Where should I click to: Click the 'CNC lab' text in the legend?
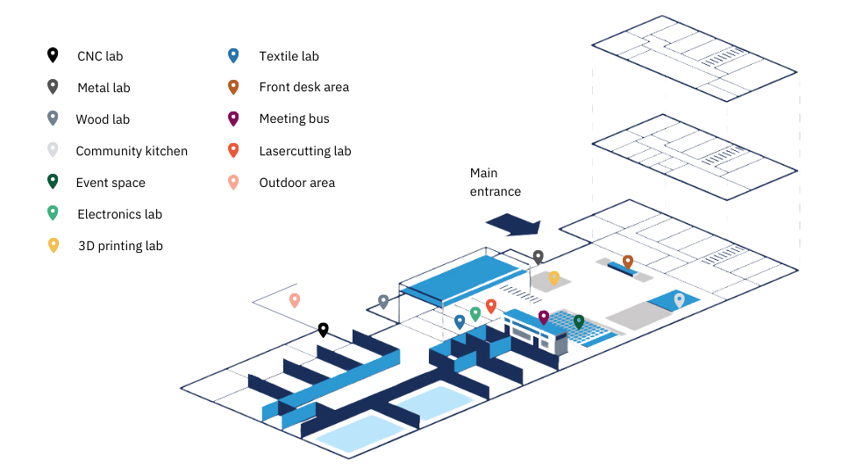100,56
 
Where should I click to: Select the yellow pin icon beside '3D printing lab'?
54,245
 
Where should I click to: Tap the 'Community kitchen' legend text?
132,151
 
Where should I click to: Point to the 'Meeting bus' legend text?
294,118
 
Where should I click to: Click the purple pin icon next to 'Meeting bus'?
233,118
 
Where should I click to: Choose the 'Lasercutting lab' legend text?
305,151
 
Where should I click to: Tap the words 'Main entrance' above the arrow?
495,183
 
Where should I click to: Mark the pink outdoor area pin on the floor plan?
295,300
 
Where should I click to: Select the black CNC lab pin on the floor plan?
323,329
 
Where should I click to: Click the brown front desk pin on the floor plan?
628,262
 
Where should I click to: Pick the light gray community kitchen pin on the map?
679,300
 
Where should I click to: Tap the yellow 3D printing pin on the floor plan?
553,277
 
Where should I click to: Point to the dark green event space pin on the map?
579,321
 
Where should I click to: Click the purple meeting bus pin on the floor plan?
543,317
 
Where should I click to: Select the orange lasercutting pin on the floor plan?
491,305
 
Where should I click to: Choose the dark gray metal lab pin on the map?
539,256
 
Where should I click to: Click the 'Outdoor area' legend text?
296,183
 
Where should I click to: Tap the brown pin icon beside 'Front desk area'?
233,87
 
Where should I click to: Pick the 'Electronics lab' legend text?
119,214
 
